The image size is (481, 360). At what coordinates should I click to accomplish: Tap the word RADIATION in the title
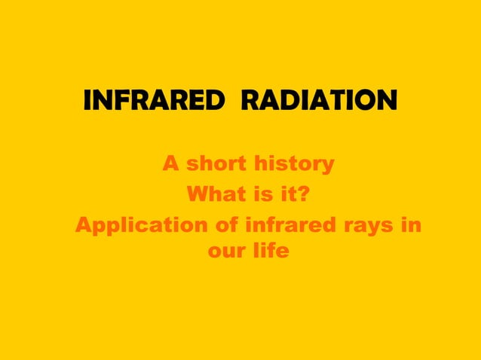click(x=318, y=100)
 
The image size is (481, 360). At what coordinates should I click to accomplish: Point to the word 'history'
click(x=296, y=163)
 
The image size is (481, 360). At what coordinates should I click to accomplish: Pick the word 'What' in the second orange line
click(x=213, y=196)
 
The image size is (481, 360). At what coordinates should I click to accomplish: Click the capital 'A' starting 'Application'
click(x=84, y=226)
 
